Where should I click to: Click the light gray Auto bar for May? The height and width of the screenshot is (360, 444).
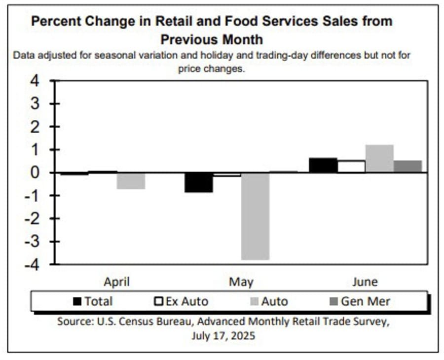(x=255, y=216)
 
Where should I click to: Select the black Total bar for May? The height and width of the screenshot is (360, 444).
(x=199, y=182)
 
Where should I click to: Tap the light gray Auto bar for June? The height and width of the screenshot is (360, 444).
(x=379, y=159)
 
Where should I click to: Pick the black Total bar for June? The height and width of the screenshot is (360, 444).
(x=323, y=165)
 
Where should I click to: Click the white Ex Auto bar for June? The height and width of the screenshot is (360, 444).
(x=351, y=167)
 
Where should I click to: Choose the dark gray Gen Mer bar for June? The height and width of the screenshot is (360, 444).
(x=407, y=167)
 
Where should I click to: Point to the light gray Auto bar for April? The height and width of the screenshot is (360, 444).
(x=131, y=181)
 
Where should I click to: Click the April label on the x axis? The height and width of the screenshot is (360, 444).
(x=117, y=282)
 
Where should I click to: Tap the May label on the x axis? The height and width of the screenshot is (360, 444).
(x=241, y=282)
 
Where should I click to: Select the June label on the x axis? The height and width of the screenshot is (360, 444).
(x=365, y=282)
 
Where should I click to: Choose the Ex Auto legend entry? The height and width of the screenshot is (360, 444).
(x=181, y=301)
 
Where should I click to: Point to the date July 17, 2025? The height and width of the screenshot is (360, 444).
(x=223, y=336)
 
